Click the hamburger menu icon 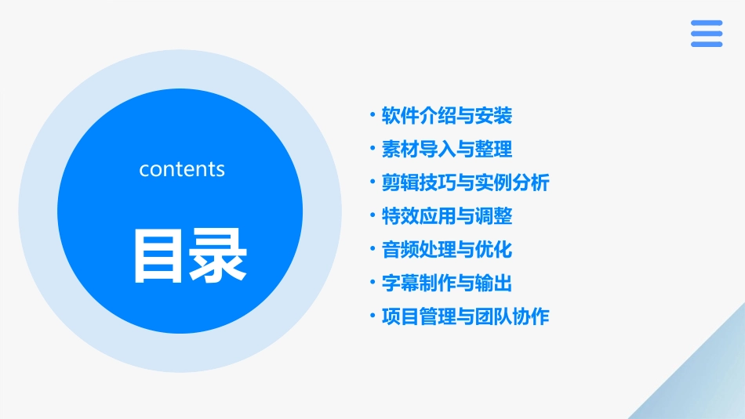pos(707,34)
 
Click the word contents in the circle pos(182,169)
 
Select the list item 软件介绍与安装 pos(447,116)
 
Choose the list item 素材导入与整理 pos(447,149)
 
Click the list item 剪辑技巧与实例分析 pos(465,182)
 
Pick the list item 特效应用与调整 pos(447,216)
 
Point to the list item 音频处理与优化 pos(447,250)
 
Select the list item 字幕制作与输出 pos(447,283)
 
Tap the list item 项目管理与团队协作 pos(465,316)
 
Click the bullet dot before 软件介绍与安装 pos(372,116)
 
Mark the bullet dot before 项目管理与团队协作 pos(372,316)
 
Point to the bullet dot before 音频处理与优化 pos(372,250)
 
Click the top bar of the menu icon pos(707,23)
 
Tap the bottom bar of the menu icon pos(707,44)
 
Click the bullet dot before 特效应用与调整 pos(372,216)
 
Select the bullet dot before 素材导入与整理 pos(372,149)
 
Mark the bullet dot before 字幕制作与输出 pos(372,283)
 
